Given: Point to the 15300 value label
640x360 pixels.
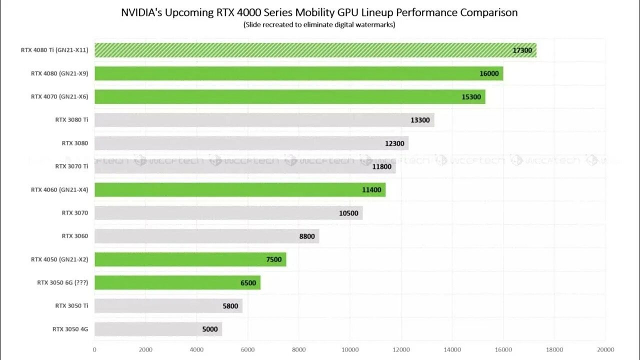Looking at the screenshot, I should coord(471,97).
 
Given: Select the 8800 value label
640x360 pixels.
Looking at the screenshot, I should coord(307,236).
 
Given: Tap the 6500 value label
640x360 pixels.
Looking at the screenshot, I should coord(248,282).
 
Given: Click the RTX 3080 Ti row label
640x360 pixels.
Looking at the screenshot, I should coord(71,120).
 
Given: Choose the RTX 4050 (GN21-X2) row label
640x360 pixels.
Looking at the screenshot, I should coord(59,259).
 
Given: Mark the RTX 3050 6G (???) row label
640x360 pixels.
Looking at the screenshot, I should coord(62,282).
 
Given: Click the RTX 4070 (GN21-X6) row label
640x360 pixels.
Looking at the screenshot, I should coord(59,97).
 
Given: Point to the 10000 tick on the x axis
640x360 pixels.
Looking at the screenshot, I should coord(350,349).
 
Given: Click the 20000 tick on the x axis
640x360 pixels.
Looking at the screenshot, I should coord(605,349).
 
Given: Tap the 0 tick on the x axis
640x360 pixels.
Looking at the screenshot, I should coord(94,349).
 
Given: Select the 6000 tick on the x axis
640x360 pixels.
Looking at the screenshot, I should coord(248,349).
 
